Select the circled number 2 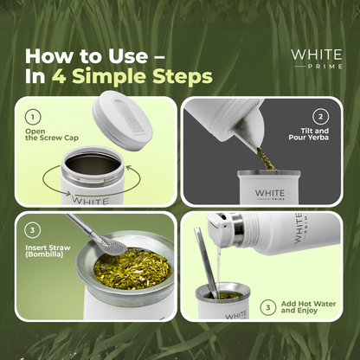pos(320,117)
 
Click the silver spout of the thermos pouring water pos(223,227)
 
